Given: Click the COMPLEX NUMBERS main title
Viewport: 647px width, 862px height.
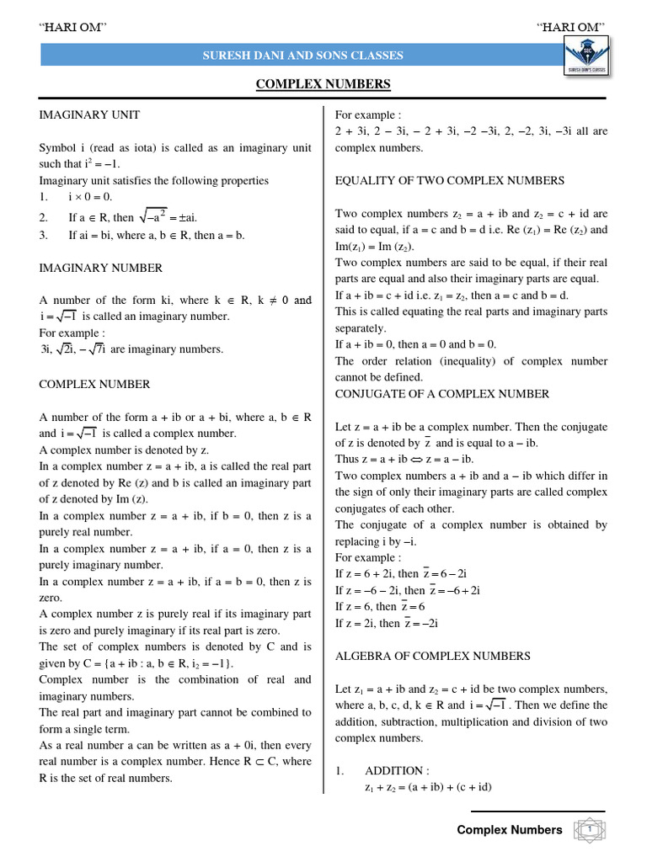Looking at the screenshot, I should coord(323,83).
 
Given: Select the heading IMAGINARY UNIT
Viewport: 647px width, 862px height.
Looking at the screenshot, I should coord(90,114).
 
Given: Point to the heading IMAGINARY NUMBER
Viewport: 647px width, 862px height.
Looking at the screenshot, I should coord(101,268).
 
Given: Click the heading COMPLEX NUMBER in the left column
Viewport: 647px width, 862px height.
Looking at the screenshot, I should coord(95,384).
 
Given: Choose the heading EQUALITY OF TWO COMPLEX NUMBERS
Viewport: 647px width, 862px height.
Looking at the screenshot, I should coord(450,180).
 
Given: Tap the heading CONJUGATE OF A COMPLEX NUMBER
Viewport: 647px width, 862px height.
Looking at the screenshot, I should coord(442,393).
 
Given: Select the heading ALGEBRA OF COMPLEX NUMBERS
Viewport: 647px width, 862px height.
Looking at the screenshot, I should coord(433,656).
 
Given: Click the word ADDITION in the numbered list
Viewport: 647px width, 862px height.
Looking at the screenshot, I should coord(397,770).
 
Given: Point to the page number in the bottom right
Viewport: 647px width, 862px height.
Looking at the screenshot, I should coord(591,830).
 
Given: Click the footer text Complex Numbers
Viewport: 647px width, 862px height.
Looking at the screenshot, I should coord(509,830).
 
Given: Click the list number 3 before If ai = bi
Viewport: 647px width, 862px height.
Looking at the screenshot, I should coord(43,235).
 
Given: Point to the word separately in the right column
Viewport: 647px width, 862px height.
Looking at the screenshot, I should coord(361,327).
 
